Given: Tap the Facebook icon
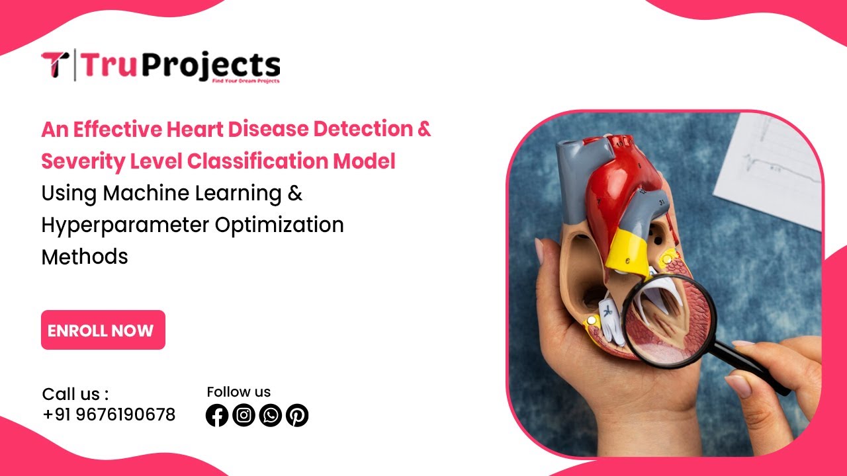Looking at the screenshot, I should click(x=217, y=415).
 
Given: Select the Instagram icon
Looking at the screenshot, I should click(x=244, y=415).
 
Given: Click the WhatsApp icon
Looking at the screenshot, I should click(x=271, y=415).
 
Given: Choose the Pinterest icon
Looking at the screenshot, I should click(x=297, y=415).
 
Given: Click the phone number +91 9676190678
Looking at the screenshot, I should click(x=109, y=415).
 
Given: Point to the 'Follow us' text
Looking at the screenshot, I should click(x=238, y=391).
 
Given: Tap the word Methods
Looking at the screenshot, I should click(x=85, y=257).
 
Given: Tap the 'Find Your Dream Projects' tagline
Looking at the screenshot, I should click(x=245, y=81).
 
